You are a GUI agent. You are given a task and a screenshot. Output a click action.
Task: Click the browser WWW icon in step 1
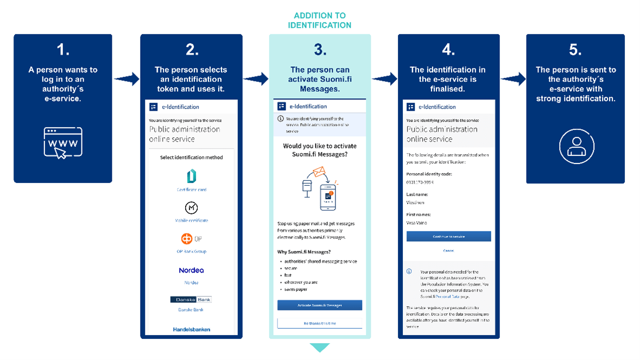[63, 142]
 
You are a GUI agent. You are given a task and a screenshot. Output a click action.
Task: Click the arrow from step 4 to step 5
[513, 79]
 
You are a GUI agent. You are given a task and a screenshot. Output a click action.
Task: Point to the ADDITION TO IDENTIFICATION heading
[319, 20]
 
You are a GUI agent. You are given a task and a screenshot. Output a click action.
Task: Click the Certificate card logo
[191, 176]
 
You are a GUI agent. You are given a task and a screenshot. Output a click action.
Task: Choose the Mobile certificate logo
[191, 208]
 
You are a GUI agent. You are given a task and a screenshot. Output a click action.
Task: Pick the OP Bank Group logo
[191, 239]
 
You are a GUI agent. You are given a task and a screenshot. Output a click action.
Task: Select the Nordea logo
[191, 270]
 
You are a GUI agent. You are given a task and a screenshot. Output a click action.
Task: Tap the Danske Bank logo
[191, 299]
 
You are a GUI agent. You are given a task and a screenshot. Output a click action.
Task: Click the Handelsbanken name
[191, 329]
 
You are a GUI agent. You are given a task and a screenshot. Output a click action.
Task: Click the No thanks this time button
[319, 323]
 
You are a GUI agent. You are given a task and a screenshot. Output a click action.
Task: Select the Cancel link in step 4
[448, 251]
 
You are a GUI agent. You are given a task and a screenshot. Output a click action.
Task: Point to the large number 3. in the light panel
[320, 50]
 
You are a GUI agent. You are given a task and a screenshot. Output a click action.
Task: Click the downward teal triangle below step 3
[319, 347]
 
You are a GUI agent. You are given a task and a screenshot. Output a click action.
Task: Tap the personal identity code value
[420, 182]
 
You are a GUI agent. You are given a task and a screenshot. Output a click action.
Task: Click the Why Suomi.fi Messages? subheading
[303, 251]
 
